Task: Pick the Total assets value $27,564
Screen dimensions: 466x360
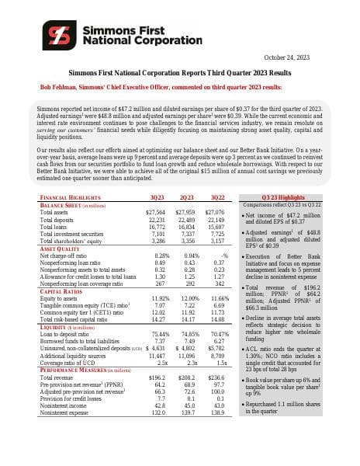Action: (157, 212)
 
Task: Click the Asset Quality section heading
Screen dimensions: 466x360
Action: (60, 248)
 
